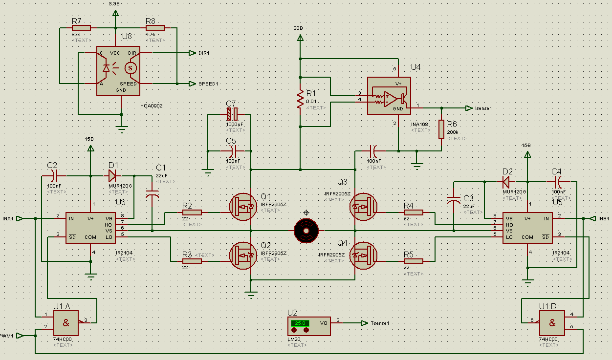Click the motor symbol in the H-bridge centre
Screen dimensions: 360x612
tap(306, 230)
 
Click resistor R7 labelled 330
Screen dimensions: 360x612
tap(81, 28)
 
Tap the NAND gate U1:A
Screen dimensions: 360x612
tap(66, 324)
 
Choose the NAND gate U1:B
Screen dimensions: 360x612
tap(552, 324)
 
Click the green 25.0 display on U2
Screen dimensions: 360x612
tap(300, 323)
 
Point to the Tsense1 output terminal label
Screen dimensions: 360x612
tap(379, 323)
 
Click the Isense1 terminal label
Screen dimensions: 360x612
tap(481, 108)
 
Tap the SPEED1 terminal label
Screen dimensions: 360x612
tap(208, 84)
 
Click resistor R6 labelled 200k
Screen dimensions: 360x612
tap(442, 129)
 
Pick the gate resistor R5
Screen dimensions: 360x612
tap(414, 261)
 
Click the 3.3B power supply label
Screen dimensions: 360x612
tap(113, 3)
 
